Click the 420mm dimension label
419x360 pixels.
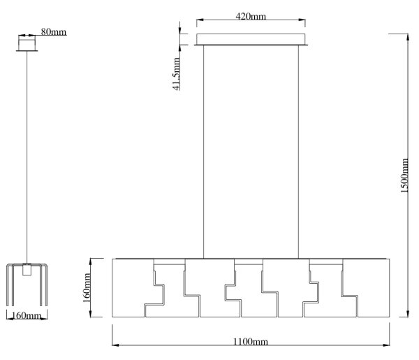tap(251, 16)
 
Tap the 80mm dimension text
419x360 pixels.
tap(54, 32)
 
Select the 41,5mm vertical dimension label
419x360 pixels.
tap(177, 74)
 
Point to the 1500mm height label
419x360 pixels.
tap(404, 175)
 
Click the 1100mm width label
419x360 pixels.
tap(251, 342)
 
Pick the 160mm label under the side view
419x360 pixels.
tap(27, 315)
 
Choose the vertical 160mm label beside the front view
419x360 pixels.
tap(87, 288)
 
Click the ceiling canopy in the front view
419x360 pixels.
tap(251, 39)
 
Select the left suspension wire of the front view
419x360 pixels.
tap(204, 152)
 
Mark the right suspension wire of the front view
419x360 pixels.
tap(298, 152)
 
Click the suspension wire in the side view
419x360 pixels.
tap(27, 157)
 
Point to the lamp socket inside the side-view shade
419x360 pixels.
tap(27, 270)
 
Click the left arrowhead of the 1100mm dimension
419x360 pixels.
tap(115, 345)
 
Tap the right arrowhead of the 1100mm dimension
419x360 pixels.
tap(386, 345)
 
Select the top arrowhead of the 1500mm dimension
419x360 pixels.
tap(408, 37)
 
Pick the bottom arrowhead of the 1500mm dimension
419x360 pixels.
tap(408, 313)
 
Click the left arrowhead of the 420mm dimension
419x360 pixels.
tap(200, 20)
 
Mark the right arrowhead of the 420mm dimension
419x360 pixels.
tap(302, 20)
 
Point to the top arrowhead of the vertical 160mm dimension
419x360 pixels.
tap(91, 262)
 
